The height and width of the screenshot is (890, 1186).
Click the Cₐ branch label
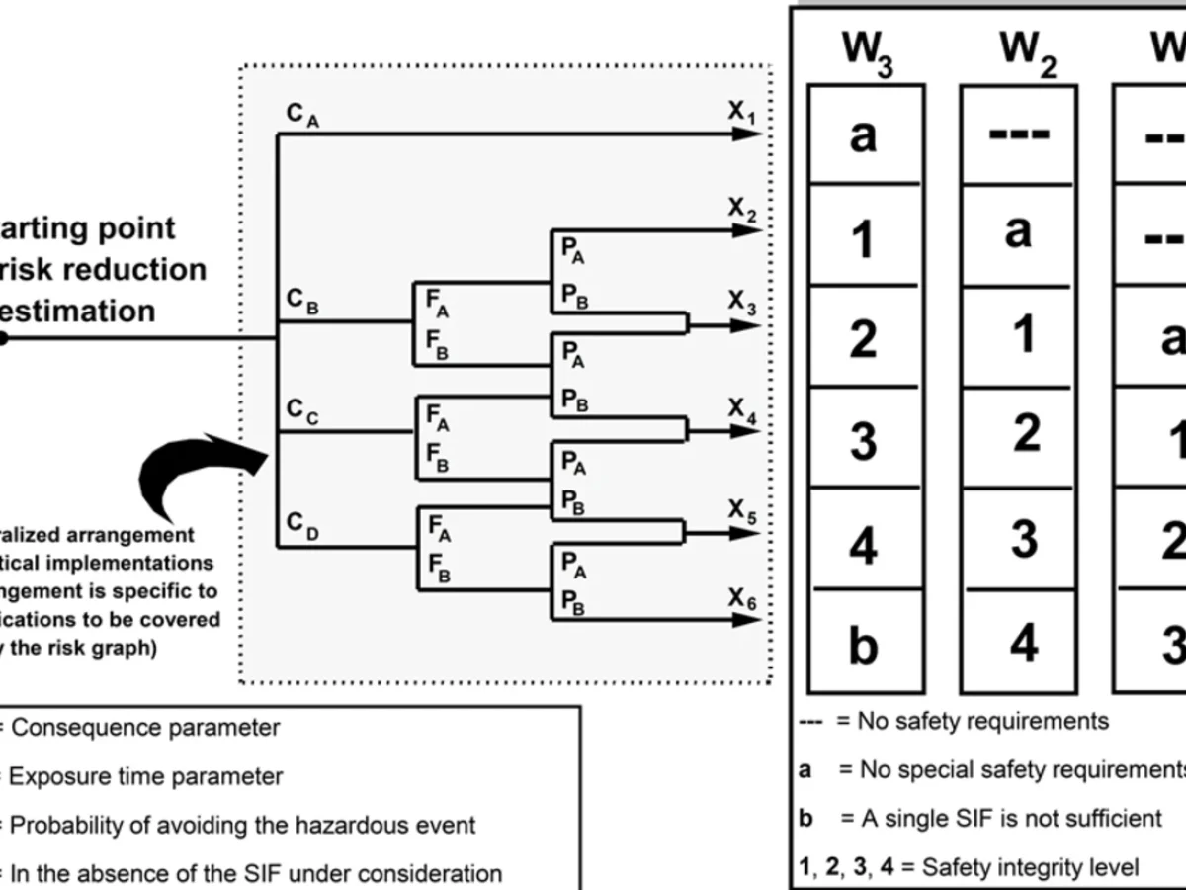(303, 116)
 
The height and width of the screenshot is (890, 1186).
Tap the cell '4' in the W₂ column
(1022, 643)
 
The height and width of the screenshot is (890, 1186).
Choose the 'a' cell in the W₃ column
(864, 135)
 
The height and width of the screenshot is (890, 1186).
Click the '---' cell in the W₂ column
(1018, 133)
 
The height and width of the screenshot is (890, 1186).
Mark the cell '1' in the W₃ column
(864, 238)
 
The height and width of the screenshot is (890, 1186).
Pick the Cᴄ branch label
(303, 410)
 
